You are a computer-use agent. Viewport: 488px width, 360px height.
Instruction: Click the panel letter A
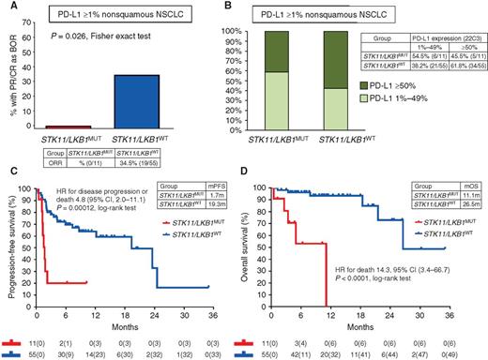[8, 7]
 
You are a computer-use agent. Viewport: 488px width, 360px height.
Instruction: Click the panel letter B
[252, 7]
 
